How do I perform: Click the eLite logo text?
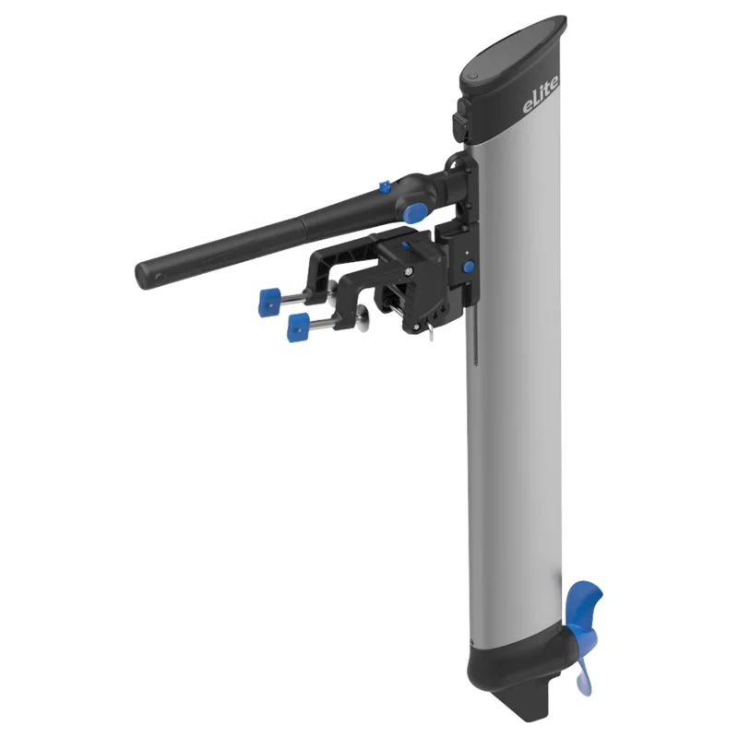point(541,96)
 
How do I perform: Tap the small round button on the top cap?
point(473,76)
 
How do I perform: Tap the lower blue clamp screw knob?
point(298,327)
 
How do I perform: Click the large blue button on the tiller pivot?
point(411,213)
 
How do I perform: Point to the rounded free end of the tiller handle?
point(144,274)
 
